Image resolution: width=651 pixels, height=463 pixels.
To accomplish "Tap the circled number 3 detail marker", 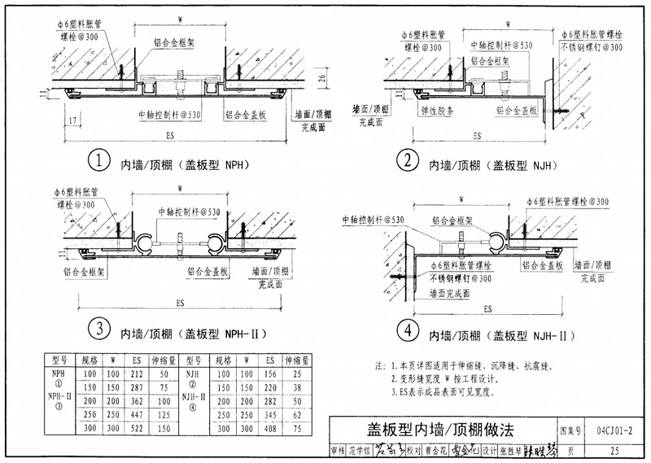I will pos(98,330).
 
